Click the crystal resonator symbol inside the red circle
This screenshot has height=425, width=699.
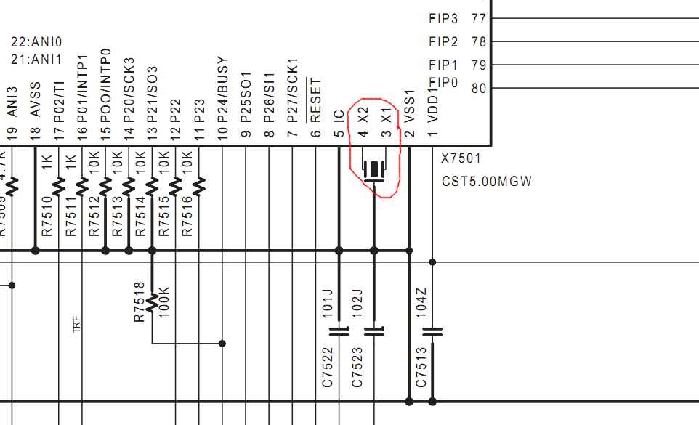click(374, 169)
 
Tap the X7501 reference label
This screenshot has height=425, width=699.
click(461, 158)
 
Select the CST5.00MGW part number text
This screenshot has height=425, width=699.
click(487, 181)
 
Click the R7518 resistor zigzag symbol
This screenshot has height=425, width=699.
click(152, 301)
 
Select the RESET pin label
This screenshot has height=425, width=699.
click(315, 100)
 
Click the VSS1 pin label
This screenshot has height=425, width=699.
click(409, 105)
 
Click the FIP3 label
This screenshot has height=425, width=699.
click(443, 18)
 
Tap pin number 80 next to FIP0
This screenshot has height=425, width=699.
click(478, 89)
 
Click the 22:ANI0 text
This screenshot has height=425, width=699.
click(36, 43)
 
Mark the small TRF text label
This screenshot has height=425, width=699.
click(77, 324)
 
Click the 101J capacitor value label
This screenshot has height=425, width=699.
click(327, 303)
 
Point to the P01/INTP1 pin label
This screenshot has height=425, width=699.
click(82, 85)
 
